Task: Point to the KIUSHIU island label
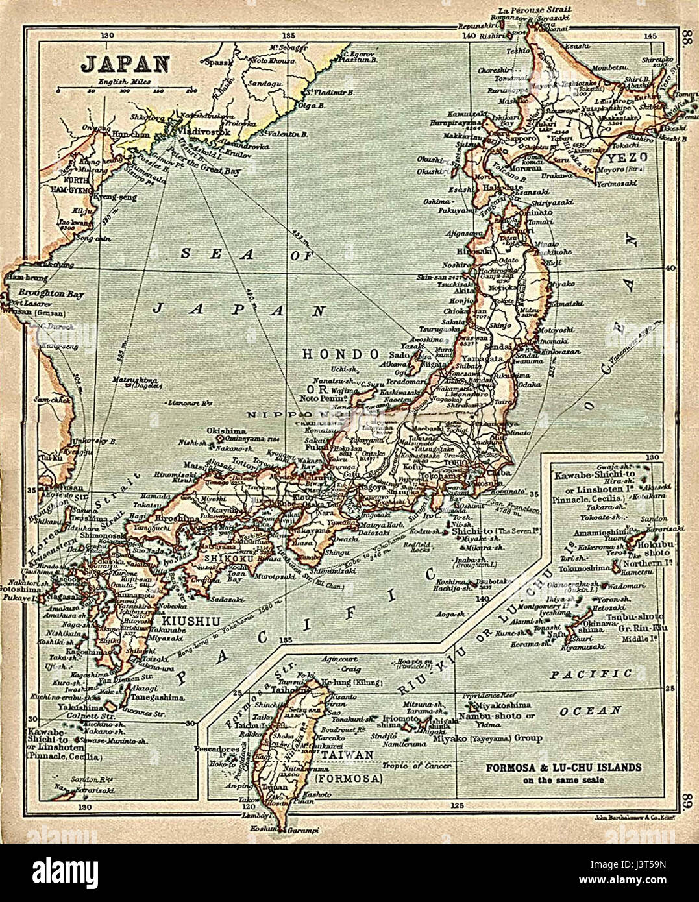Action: click(173, 620)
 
